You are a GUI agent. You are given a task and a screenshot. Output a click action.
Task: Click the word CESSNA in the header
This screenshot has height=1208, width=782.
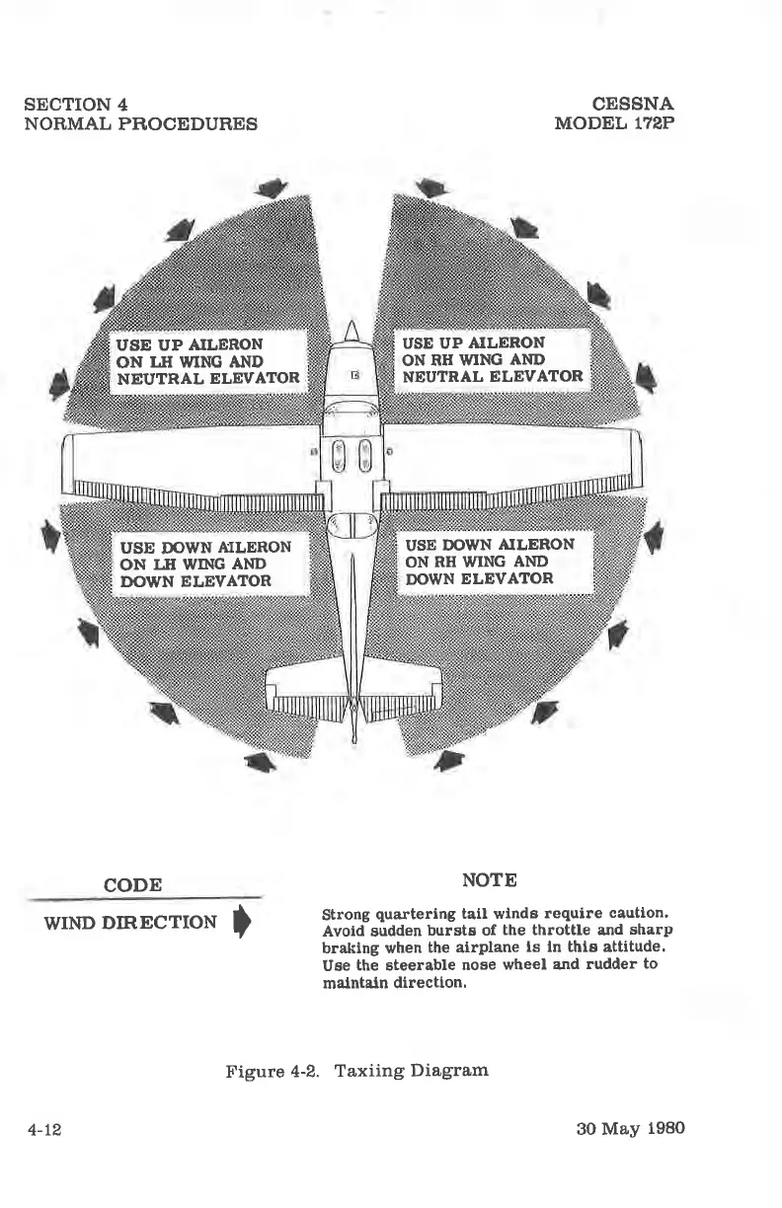tap(633, 104)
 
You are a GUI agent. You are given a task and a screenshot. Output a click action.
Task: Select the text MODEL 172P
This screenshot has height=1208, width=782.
tap(614, 123)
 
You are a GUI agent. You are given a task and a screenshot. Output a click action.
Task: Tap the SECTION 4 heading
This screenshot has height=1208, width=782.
tap(75, 104)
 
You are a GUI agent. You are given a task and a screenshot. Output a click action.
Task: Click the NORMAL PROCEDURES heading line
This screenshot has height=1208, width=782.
tap(140, 123)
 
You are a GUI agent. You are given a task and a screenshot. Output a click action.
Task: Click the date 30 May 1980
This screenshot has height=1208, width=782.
tap(630, 1128)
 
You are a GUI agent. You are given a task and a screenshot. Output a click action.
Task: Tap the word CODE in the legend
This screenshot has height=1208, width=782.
tap(133, 884)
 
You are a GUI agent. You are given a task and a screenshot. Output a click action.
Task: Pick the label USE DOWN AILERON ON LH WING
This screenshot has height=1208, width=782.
tap(205, 564)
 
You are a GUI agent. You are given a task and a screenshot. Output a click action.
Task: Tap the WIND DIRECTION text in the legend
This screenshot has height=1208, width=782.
tap(130, 923)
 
